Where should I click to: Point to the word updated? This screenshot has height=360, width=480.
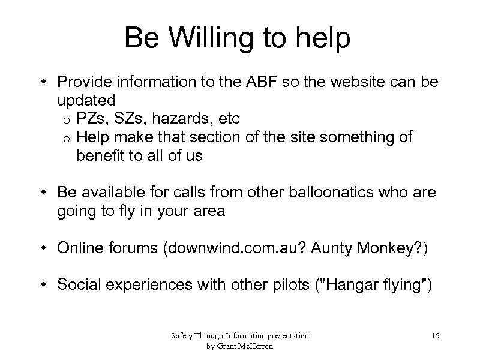tap(86, 99)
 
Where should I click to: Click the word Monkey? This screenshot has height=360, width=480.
tap(391, 248)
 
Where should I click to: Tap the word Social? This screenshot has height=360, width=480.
tap(77, 284)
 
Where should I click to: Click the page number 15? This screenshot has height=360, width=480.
tap(435, 336)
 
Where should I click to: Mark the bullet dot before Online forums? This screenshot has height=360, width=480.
tap(45, 248)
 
